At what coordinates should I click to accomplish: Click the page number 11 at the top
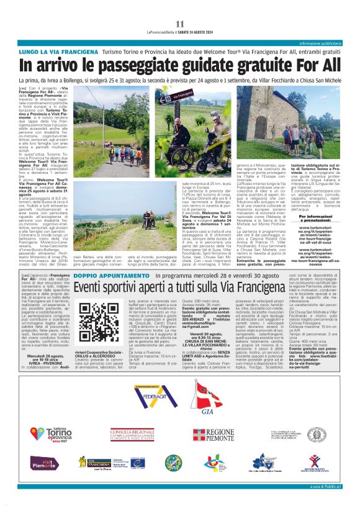tap(180, 24)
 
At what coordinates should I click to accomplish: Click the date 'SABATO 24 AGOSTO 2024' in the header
tap(199, 32)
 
